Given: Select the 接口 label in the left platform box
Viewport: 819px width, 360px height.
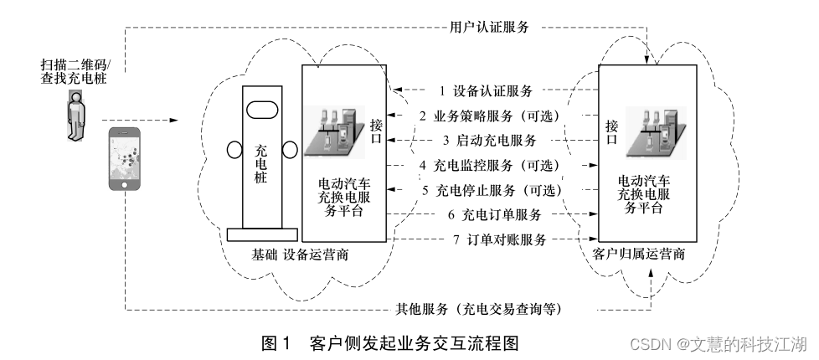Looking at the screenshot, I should pyautogui.click(x=377, y=131).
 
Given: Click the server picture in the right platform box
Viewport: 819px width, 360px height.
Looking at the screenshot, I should pyautogui.click(x=657, y=131).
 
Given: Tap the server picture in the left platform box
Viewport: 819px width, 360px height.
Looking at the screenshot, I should pyautogui.click(x=337, y=131).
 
